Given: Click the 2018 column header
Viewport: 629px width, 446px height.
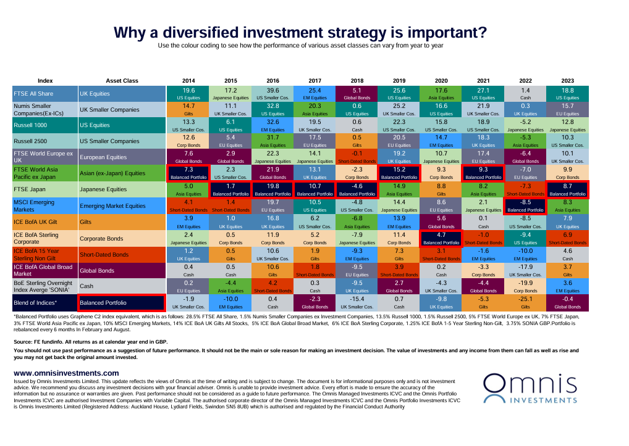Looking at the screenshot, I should point(357,81).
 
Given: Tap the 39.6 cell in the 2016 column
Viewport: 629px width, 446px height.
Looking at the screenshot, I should point(273,93).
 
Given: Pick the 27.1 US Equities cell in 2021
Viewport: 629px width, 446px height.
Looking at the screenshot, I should point(483,93).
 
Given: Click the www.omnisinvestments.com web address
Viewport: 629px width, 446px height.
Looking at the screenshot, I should point(66,373).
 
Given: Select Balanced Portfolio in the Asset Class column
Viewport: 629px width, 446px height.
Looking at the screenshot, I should point(121,303).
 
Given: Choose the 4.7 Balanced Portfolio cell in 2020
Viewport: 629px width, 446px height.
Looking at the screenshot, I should point(441,238).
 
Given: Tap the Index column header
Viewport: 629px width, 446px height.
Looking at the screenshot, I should point(45,81).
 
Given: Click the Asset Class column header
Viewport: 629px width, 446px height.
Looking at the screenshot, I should point(121,81).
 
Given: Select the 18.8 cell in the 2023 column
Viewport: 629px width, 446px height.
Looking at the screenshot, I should point(567,93).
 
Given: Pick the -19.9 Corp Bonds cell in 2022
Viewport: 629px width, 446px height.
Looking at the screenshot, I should point(525,285).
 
